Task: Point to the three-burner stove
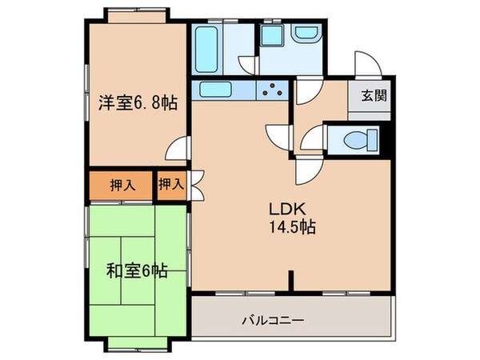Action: coord(274,90)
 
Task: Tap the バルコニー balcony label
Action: coord(272,322)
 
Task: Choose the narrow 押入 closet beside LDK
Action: coord(170,184)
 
